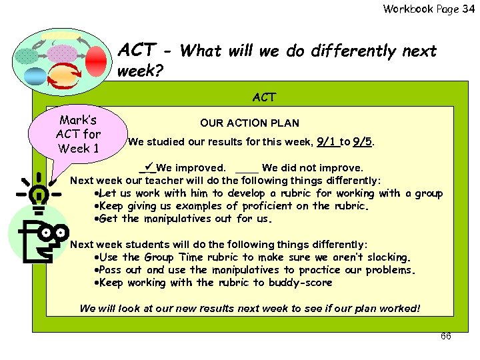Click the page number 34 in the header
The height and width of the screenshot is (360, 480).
[469, 9]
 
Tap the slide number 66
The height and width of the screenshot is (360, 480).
[446, 336]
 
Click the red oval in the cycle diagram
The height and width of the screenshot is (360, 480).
[96, 58]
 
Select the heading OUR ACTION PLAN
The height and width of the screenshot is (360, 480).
[249, 123]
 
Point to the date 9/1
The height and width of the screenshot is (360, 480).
[326, 141]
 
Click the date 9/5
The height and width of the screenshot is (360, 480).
[363, 141]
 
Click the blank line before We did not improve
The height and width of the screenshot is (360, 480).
[247, 169]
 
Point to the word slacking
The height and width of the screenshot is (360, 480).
[387, 257]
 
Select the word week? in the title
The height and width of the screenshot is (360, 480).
[140, 70]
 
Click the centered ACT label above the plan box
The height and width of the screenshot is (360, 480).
[264, 97]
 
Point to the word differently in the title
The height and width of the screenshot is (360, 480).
[345, 51]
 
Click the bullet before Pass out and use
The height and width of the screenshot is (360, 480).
[98, 270]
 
